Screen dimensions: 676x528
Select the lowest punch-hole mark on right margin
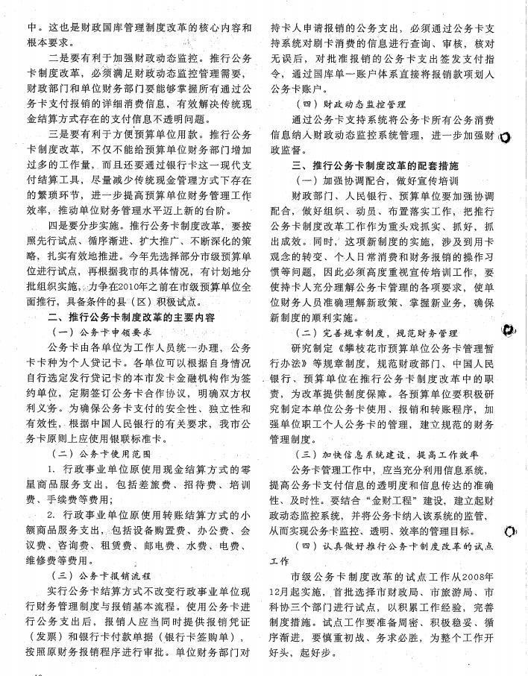tap(510, 531)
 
